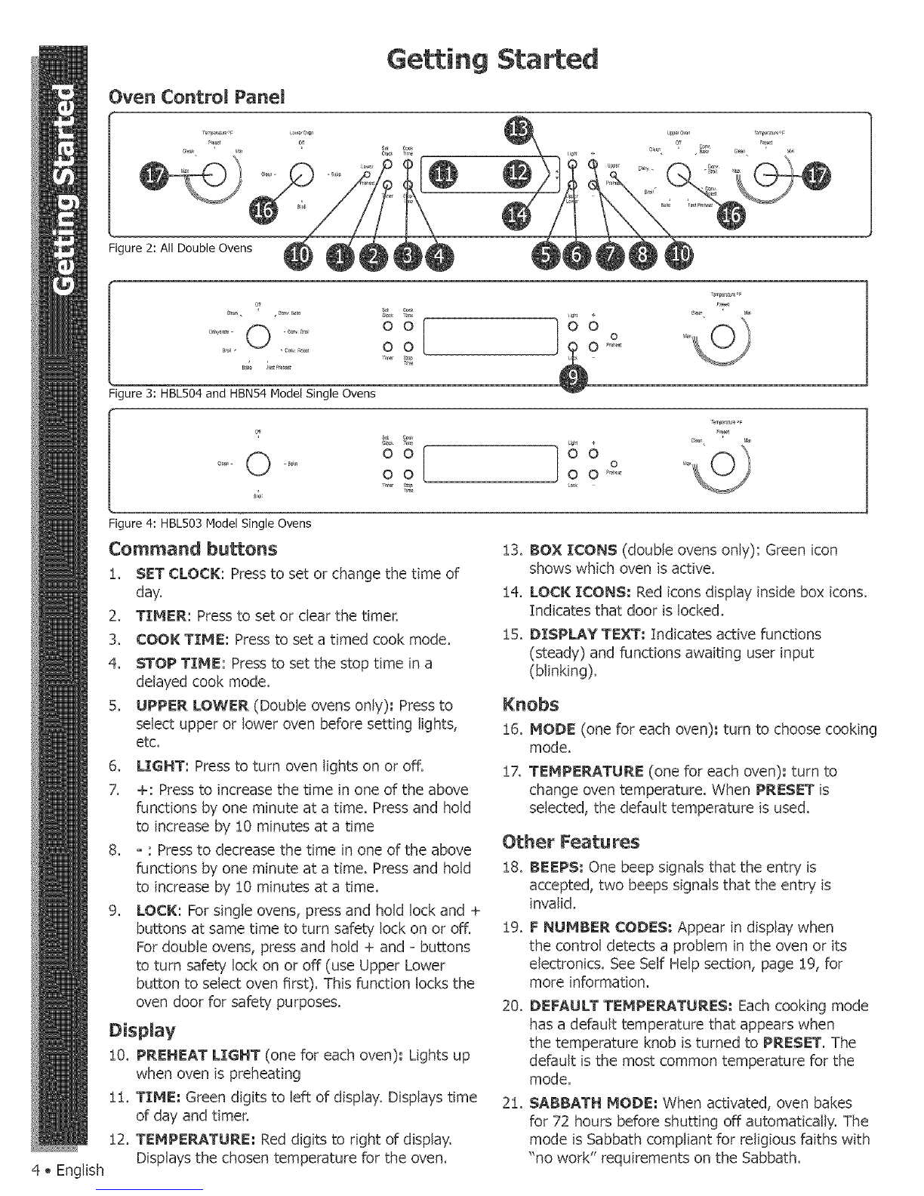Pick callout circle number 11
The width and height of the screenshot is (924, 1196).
(x=443, y=175)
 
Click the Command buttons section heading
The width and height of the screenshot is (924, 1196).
(x=193, y=547)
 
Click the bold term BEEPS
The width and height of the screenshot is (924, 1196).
(x=556, y=866)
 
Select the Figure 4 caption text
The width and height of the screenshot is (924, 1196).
(x=211, y=522)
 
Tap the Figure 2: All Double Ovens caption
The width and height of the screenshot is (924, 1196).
(x=181, y=248)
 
